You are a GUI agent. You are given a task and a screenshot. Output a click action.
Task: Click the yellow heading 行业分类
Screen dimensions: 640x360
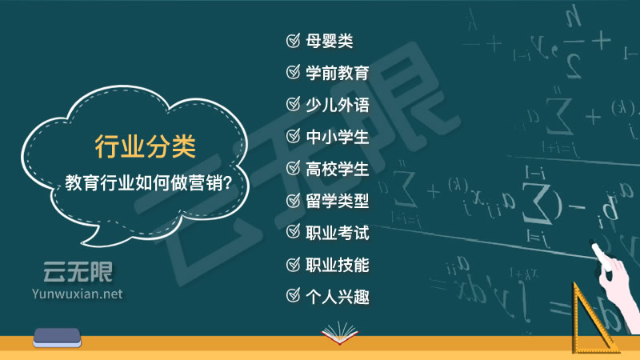coord(146,146)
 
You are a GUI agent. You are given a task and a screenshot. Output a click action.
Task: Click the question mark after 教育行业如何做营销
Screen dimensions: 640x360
coord(228,182)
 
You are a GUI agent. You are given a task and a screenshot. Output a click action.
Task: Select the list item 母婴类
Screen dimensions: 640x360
coord(330,41)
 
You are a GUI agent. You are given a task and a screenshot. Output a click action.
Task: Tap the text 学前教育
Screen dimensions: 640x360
coord(338,73)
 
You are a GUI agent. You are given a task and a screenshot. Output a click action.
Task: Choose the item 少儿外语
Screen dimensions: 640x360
coord(338,105)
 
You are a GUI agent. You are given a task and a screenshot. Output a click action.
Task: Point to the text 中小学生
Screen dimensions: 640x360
coord(338,137)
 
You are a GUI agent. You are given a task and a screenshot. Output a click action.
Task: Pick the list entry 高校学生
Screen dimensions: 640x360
coord(338,169)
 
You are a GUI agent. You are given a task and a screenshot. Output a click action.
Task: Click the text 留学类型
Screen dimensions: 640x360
coord(338,201)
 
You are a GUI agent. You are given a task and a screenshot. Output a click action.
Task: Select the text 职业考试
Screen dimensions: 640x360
coord(338,233)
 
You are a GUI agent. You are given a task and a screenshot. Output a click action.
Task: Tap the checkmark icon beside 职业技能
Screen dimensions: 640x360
coord(293,265)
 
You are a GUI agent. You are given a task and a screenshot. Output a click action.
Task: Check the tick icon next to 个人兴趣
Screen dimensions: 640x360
coord(293,295)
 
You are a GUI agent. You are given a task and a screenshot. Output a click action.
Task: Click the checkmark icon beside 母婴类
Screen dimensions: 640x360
coord(293,41)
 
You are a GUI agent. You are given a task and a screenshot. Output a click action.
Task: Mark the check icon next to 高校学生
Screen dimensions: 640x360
coord(293,168)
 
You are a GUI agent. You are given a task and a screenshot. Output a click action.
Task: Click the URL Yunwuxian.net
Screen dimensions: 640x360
coord(77,294)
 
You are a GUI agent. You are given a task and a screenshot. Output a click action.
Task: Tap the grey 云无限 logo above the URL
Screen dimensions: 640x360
coord(78,272)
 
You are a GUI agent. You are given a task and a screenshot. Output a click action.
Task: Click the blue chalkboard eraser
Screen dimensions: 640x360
coord(57,338)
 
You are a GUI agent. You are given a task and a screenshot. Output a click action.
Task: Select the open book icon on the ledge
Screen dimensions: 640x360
coord(339,333)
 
